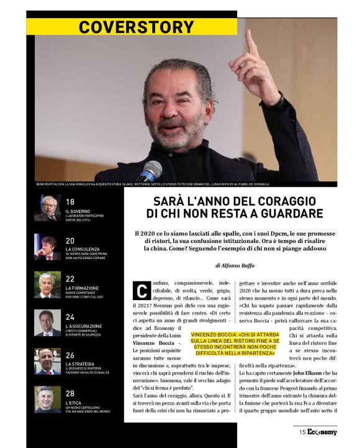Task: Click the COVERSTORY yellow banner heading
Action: click(137, 27)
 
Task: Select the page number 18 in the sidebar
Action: click(70, 202)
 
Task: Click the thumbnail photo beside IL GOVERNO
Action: click(47, 208)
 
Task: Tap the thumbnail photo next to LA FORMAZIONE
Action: click(47, 285)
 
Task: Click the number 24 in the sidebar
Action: click(70, 317)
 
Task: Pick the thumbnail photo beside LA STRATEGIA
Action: click(47, 361)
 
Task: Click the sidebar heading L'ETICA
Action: click(74, 403)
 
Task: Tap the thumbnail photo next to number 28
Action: click(47, 399)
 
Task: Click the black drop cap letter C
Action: click(141, 290)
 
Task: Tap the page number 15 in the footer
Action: click(302, 432)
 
